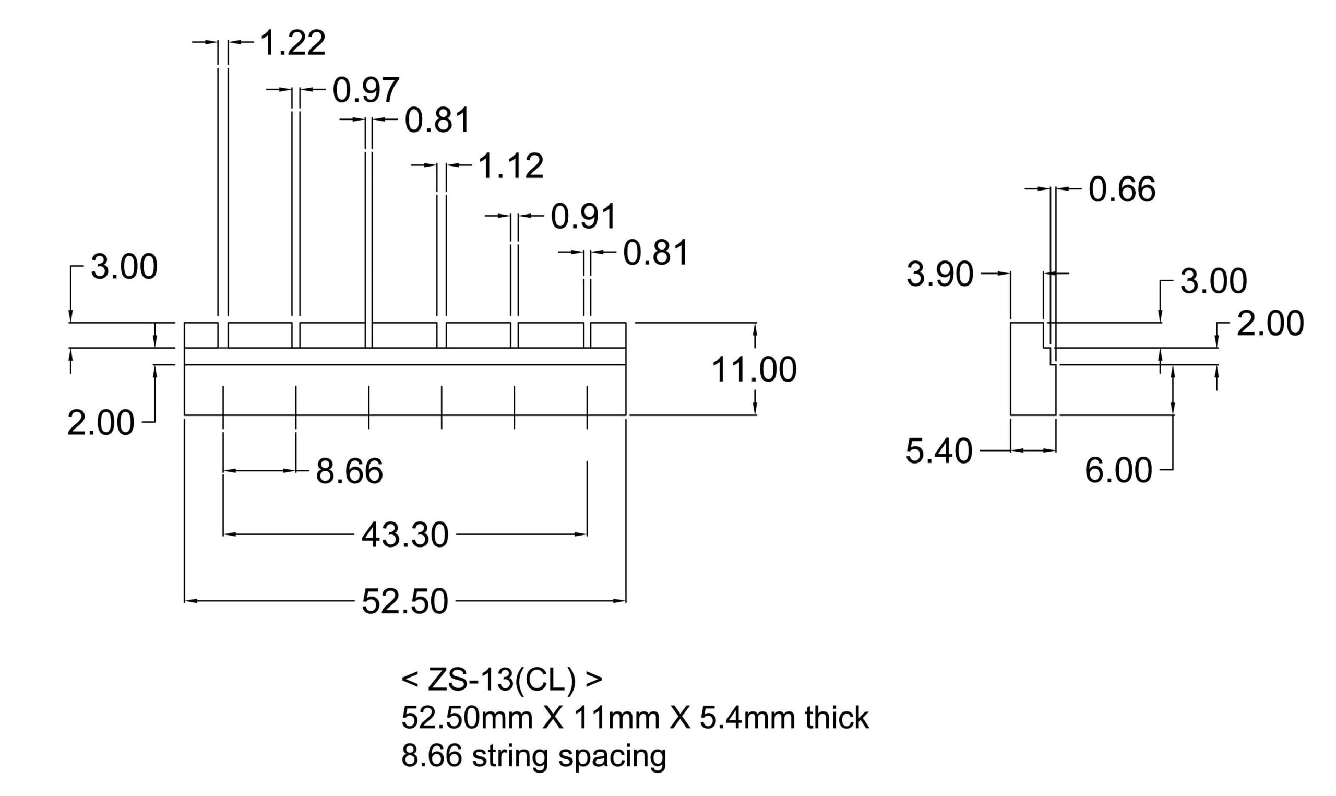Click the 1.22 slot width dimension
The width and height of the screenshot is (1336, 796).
(293, 43)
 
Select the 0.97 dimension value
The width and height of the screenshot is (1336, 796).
(366, 90)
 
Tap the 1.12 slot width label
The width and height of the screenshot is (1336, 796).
(511, 166)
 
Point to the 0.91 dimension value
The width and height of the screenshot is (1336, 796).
(584, 217)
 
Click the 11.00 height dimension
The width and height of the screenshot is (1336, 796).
(754, 370)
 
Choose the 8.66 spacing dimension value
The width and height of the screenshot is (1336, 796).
(350, 471)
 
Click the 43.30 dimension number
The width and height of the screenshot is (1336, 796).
(405, 536)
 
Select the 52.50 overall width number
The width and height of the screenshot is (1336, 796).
(405, 601)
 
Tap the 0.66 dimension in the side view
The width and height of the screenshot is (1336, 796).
(1122, 190)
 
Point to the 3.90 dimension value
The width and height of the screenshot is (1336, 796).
(940, 275)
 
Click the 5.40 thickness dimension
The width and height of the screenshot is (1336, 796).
(939, 451)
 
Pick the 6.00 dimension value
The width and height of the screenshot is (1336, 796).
(1118, 471)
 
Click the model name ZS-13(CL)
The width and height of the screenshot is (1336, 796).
(502, 680)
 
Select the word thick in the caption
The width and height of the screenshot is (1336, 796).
(837, 718)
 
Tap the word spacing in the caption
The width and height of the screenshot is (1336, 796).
(612, 757)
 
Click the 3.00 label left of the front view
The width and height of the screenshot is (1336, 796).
(124, 267)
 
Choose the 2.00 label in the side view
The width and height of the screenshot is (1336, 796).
(1271, 324)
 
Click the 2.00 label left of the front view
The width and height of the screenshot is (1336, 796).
(101, 423)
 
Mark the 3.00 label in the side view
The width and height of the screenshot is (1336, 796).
(1214, 282)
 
